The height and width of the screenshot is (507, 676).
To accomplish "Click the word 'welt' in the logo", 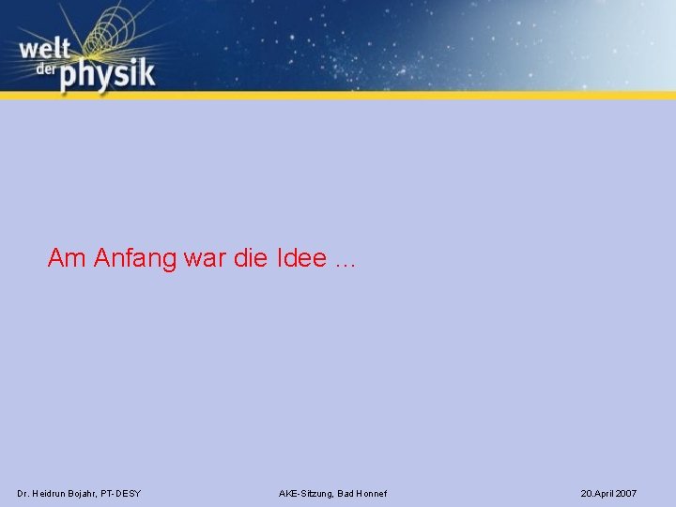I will (42, 49).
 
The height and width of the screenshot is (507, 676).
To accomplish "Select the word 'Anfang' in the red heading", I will (135, 258).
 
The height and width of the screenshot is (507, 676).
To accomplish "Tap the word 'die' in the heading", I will (251, 258).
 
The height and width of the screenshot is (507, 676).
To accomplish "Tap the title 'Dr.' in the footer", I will (23, 493).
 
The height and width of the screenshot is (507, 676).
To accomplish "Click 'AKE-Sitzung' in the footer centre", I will (306, 494).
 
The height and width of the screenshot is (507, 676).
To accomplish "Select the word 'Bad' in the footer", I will (345, 494).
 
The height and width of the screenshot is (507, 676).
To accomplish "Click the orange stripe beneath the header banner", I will (376, 95).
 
